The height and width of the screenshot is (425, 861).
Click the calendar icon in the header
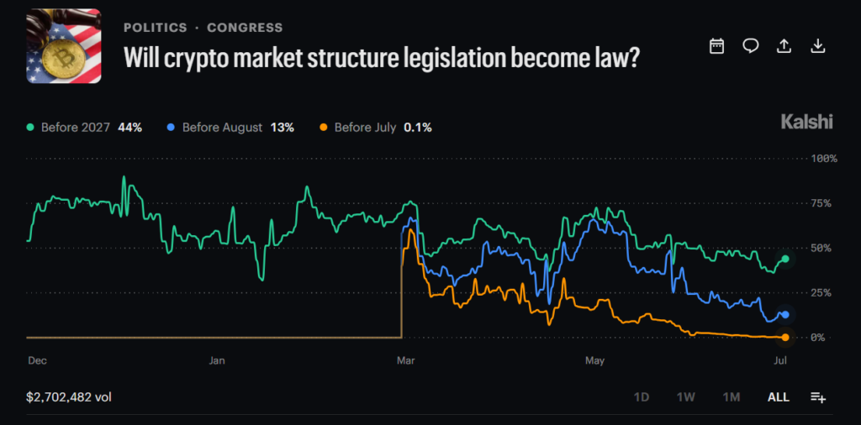(716, 46)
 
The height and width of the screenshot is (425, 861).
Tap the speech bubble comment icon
(751, 46)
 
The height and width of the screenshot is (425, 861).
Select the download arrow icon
(818, 46)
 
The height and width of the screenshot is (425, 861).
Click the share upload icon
(784, 46)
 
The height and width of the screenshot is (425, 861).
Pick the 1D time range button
(642, 397)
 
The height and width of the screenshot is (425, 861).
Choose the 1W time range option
(686, 397)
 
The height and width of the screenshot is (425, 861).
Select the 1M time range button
(732, 397)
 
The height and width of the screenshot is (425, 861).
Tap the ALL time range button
(778, 397)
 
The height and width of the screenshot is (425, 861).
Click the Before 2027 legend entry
(85, 128)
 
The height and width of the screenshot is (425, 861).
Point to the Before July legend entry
(376, 128)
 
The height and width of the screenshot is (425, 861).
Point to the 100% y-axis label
(824, 159)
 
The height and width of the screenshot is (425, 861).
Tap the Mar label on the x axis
(406, 361)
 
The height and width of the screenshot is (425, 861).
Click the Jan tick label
(218, 361)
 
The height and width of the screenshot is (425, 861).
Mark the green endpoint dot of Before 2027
(785, 259)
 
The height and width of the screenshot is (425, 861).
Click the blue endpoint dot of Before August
(785, 315)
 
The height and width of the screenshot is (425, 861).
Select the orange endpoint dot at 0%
(785, 338)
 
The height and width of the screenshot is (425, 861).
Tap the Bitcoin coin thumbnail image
(64, 46)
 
